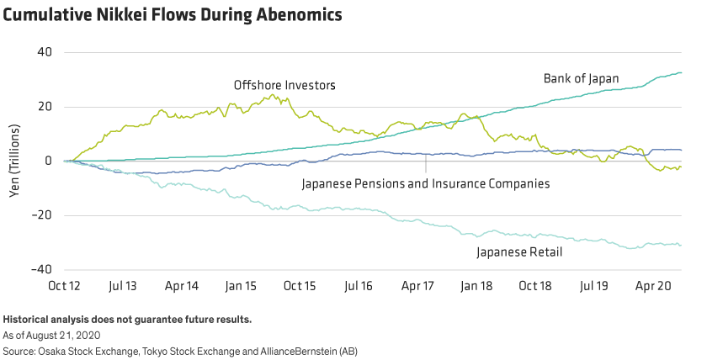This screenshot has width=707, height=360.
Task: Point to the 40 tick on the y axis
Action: tap(44, 52)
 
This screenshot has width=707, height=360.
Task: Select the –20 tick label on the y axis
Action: tap(40, 215)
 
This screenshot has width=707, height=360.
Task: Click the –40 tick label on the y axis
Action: tap(40, 269)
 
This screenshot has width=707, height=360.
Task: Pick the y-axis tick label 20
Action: tap(44, 107)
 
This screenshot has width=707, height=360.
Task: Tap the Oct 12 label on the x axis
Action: tap(66, 285)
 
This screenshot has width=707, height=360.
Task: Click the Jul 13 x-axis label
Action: tap(124, 285)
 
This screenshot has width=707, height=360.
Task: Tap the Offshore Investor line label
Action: tap(282, 86)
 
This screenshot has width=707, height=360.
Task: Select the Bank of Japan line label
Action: tap(580, 79)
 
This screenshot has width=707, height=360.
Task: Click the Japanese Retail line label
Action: tap(518, 251)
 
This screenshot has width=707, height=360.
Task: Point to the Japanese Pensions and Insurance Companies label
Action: tap(425, 183)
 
